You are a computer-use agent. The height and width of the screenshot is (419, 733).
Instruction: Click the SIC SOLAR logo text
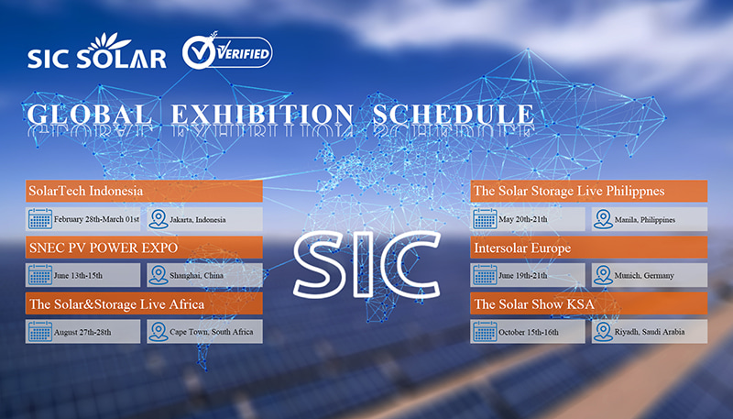96,58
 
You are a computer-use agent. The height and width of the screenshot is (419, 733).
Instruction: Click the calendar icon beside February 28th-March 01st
39,219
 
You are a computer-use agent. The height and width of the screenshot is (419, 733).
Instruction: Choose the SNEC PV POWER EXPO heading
103,248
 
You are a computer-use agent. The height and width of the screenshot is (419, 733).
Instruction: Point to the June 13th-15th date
82,275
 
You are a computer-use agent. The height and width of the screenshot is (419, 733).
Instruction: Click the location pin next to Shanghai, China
158,274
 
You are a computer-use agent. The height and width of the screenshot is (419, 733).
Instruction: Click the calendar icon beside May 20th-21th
485,219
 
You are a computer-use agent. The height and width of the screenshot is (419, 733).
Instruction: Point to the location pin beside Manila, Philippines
603,219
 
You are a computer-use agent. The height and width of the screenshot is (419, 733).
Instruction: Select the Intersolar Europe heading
522,248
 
